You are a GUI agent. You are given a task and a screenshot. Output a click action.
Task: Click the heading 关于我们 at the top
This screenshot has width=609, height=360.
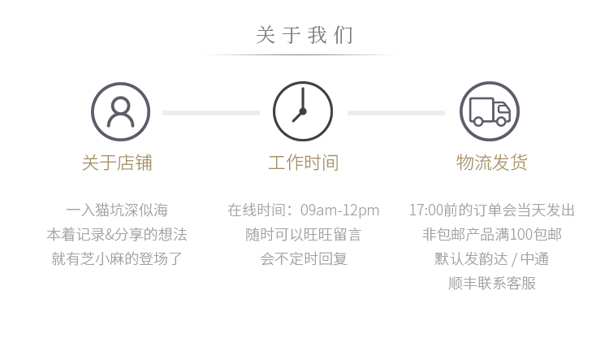(x=304, y=36)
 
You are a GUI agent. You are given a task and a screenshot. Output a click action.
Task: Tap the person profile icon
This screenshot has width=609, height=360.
(x=120, y=111)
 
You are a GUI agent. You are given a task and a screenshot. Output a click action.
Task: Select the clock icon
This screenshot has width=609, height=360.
(x=303, y=111)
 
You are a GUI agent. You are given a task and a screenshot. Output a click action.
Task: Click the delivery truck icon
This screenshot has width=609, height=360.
(x=490, y=111)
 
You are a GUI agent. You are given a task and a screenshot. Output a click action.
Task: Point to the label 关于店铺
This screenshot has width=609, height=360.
(x=117, y=163)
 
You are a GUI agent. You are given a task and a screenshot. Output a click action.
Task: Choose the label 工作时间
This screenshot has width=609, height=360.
(x=304, y=163)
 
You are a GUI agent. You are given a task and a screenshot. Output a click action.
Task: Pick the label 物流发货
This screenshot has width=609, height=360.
(x=492, y=163)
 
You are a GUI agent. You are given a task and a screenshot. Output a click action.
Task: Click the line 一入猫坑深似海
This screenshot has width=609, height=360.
(x=117, y=210)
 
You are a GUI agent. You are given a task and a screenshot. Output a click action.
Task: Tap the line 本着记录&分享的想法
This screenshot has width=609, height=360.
(x=117, y=235)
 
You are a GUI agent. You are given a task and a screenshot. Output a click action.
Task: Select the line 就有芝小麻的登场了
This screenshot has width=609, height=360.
(x=117, y=259)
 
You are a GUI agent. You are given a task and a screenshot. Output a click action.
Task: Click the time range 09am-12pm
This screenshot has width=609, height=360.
(x=339, y=210)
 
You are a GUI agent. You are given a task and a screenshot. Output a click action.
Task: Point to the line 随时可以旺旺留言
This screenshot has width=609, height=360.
(x=304, y=235)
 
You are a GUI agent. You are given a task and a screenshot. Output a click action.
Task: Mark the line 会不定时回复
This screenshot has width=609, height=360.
(x=304, y=259)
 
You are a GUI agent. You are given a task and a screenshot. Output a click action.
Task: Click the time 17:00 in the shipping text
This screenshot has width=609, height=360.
(x=425, y=210)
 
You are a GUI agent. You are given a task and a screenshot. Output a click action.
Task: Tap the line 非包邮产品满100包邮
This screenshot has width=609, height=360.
(x=492, y=235)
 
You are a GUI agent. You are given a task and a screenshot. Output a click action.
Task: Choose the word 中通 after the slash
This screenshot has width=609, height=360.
(x=534, y=259)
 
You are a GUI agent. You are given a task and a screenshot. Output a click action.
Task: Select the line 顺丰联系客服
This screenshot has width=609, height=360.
(x=492, y=284)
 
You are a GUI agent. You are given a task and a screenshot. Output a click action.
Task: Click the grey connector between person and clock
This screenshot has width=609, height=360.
(x=211, y=112)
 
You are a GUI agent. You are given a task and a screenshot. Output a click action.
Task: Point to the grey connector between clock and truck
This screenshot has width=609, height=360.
(x=396, y=112)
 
